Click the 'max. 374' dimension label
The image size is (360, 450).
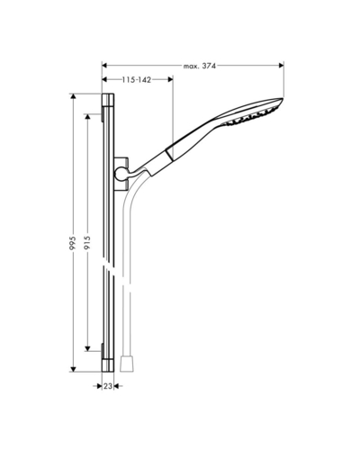click(x=200, y=66)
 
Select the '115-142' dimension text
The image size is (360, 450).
click(x=136, y=80)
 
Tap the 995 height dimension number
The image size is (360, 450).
click(x=73, y=243)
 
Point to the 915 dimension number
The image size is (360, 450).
click(x=87, y=243)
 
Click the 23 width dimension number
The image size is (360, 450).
click(x=108, y=386)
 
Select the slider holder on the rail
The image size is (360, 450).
click(x=121, y=174)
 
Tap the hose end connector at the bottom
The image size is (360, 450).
click(x=127, y=364)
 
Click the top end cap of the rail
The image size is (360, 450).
click(x=108, y=100)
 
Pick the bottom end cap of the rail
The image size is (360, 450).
click(x=108, y=365)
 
